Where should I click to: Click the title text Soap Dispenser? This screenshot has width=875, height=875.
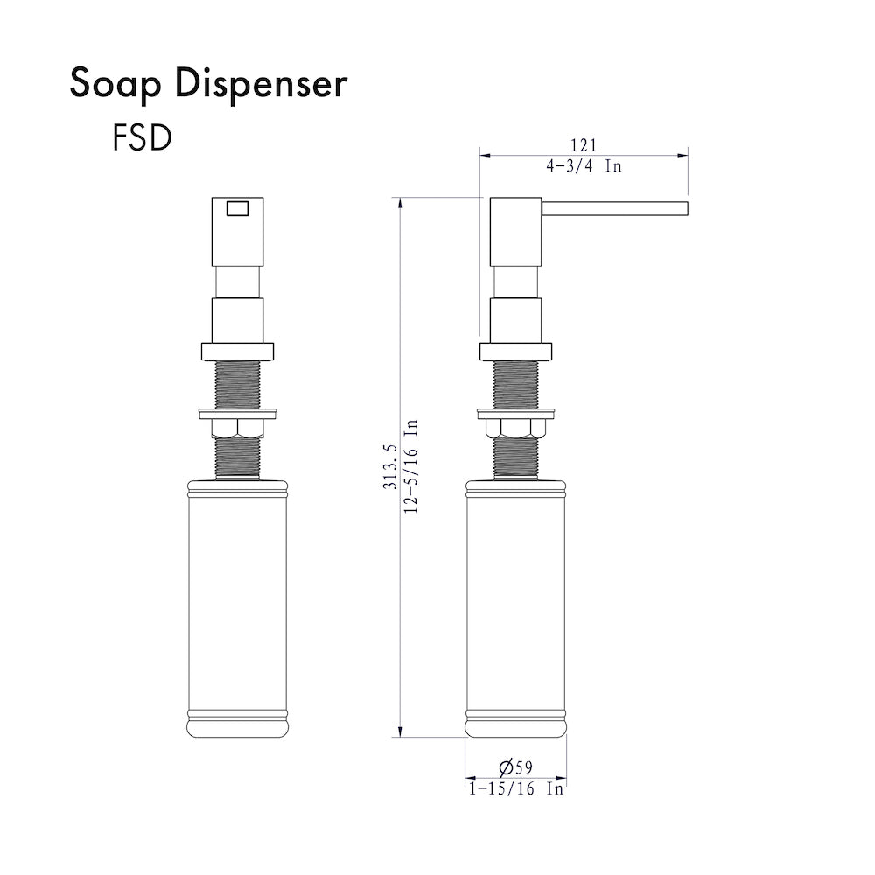pos(208,85)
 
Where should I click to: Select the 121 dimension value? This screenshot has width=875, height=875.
pos(583,146)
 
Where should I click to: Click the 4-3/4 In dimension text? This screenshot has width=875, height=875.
pos(583,166)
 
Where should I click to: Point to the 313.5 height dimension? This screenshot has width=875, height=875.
pos(390,467)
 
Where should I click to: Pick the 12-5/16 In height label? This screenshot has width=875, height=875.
pos(411,467)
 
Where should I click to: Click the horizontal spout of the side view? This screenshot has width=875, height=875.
pos(616,207)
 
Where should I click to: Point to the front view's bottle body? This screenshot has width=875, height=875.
pos(237,604)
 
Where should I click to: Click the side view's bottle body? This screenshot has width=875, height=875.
pos(516,604)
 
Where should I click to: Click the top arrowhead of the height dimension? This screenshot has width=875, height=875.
pos(400,204)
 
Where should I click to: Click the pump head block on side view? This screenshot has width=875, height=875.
pos(516,232)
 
